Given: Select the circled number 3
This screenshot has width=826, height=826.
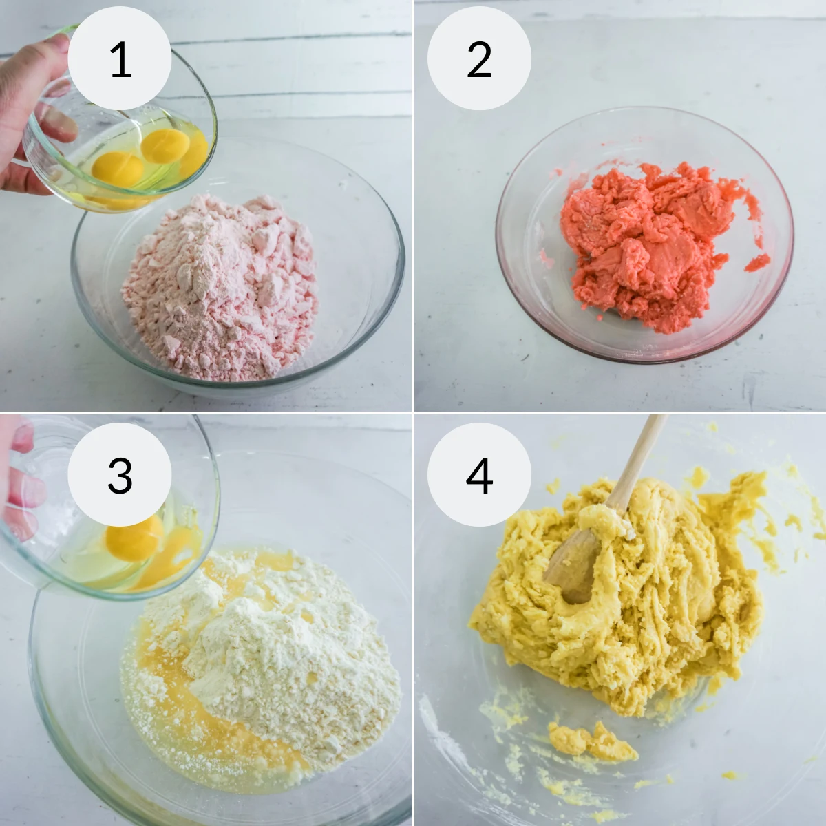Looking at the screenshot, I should [x=120, y=474].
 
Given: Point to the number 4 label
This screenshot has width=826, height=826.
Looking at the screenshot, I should [x=479, y=474].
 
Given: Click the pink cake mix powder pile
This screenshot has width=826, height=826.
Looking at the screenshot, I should [x=220, y=289].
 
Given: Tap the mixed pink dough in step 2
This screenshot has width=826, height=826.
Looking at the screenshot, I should [x=647, y=241].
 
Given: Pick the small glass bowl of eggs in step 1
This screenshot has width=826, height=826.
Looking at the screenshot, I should [x=124, y=151].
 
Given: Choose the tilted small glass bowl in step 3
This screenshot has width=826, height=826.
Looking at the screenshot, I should [x=103, y=537].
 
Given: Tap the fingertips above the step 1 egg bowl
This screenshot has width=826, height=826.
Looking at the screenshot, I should [x=48, y=48].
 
